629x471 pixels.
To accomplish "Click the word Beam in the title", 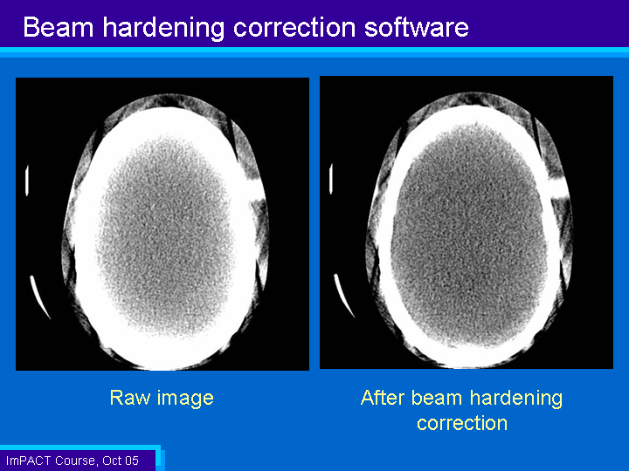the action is (x=59, y=27).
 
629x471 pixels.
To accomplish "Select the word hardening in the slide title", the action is (x=163, y=28).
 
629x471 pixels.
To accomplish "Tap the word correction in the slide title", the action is (x=294, y=28).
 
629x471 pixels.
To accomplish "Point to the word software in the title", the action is (x=417, y=27).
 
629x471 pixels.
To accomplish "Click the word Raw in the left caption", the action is (x=129, y=398).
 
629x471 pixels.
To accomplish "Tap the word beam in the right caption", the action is (x=437, y=398).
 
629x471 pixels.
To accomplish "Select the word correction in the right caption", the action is (x=462, y=423).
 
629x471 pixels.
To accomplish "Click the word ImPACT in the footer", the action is (x=29, y=461).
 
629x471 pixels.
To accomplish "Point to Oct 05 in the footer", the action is (x=121, y=461).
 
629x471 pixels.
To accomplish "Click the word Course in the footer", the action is (x=76, y=461).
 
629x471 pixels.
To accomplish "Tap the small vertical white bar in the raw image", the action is (x=27, y=181).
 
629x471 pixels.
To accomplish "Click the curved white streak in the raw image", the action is (x=39, y=296).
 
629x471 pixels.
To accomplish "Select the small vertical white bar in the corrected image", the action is (x=331, y=179).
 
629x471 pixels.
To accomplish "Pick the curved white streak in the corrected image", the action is (x=343, y=295).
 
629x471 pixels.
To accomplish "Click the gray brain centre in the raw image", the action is (x=166, y=236).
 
